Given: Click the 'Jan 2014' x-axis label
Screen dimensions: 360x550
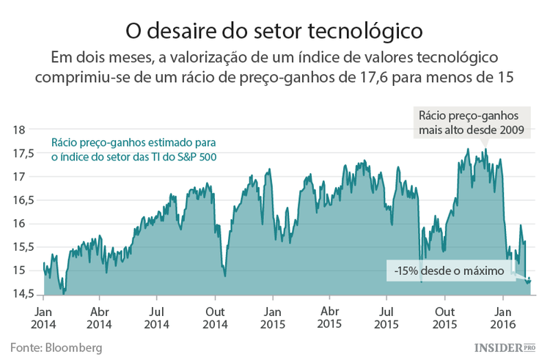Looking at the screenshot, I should click(43, 316).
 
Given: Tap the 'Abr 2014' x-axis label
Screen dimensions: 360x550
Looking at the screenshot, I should click(99, 316).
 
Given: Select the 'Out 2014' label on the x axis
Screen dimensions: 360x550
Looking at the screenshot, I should click(215, 316).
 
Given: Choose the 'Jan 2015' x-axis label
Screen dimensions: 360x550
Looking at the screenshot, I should click(272, 316).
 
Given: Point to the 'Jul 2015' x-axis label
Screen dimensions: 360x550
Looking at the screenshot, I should click(387, 316).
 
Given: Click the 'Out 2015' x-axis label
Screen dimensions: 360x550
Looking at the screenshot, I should click(445, 316).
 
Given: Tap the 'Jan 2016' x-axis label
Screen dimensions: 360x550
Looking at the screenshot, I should click(502, 316).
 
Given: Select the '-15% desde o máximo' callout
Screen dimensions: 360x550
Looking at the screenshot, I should click(449, 271).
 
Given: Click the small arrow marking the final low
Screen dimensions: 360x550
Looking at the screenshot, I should click(529, 279).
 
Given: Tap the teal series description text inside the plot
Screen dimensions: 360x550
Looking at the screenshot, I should click(133, 150).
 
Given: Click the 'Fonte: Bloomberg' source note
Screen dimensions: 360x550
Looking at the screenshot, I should click(56, 346).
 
